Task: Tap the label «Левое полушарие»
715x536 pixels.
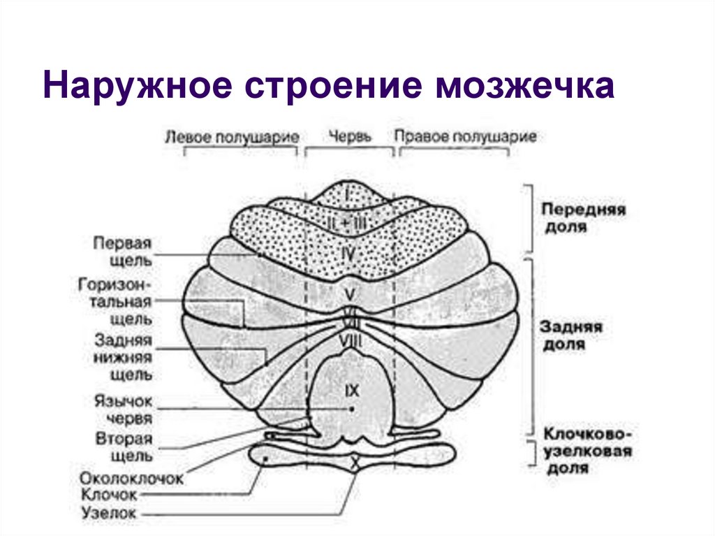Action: pyautogui.click(x=232, y=136)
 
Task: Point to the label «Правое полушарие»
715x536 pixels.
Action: pyautogui.click(x=466, y=136)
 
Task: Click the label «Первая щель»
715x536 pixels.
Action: pyautogui.click(x=123, y=252)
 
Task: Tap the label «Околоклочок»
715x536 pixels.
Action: pyautogui.click(x=131, y=479)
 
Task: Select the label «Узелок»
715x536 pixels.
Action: pyautogui.click(x=110, y=514)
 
